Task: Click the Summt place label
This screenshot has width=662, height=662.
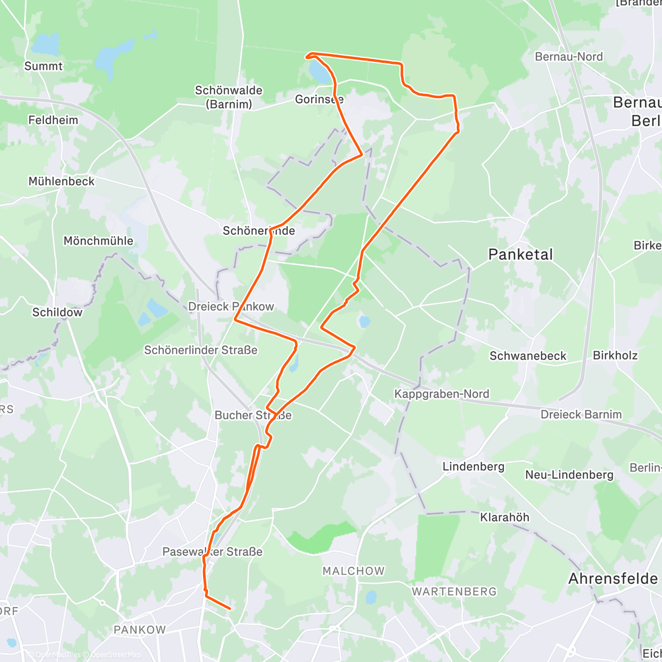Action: coord(44,66)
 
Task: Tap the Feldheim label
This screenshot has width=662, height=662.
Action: coord(53,120)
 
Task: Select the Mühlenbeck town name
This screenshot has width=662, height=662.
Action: coord(61,181)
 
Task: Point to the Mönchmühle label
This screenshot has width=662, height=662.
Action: coord(98,241)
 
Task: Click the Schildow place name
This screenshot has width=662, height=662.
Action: coord(57,312)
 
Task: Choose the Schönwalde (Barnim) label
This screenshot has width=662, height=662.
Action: coord(228,97)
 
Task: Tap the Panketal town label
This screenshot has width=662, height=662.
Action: coord(520,254)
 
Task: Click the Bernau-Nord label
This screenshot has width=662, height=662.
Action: coord(569,57)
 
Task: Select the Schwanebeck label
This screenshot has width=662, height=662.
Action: coord(528,356)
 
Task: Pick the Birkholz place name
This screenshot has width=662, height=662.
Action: coord(615,355)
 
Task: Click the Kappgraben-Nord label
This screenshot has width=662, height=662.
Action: coord(441,394)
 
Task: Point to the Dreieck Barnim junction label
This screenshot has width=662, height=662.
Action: coord(581,414)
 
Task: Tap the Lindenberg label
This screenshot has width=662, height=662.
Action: coord(473,467)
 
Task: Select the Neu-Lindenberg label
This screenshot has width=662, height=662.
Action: coord(569,475)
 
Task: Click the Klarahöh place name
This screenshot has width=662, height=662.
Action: coord(505,517)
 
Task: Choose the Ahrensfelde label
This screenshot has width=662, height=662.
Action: coord(613,579)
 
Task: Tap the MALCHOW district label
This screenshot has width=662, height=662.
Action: coord(354,571)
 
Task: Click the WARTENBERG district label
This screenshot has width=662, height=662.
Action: coord(454,591)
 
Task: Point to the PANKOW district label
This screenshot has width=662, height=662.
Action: coord(140,629)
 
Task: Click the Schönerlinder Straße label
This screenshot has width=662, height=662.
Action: coord(201,350)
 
